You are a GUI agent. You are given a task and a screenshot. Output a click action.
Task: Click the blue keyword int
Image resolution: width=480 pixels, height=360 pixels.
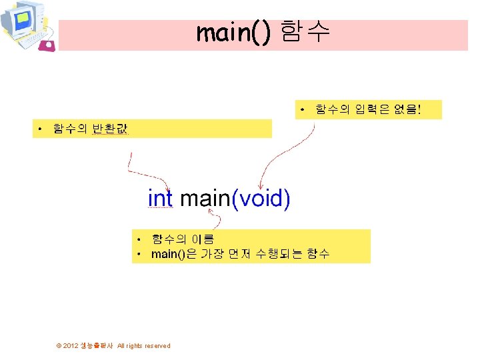(160, 199)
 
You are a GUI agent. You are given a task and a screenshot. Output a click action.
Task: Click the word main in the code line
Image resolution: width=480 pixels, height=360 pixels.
(205, 199)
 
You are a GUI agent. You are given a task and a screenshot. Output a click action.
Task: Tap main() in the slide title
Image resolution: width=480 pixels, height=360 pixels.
(234, 31)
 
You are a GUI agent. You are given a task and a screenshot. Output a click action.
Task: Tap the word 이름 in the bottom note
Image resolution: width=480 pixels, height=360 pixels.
(203, 239)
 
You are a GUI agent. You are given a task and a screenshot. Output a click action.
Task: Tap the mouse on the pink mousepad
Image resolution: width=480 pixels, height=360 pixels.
(48, 45)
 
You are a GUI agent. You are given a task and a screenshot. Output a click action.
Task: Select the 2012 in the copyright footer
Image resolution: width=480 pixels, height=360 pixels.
(71, 346)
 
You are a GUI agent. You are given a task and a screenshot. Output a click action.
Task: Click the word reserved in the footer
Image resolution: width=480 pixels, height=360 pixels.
(157, 346)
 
